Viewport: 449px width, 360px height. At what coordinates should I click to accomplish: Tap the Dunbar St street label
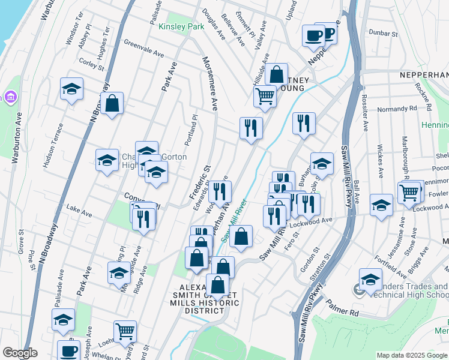(384, 33)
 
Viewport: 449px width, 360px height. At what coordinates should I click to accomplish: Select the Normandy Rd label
(397, 109)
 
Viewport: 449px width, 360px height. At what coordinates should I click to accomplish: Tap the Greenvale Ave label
(143, 49)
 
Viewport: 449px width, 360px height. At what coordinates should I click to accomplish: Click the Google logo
(20, 353)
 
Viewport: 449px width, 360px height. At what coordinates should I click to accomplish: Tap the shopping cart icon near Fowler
(409, 193)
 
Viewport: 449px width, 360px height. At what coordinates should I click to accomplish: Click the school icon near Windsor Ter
(71, 90)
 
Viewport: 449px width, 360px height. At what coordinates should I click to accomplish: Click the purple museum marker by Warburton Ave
(10, 97)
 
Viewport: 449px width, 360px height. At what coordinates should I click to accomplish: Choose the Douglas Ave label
(214, 25)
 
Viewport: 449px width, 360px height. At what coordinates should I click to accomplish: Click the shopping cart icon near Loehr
(125, 331)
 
